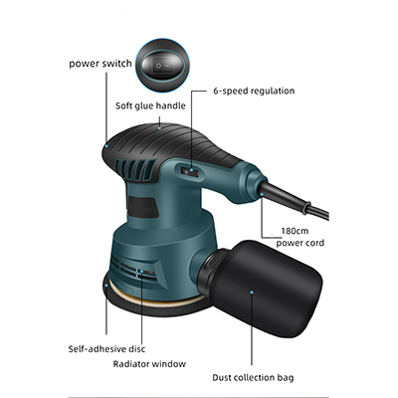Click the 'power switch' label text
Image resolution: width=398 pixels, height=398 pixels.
click(100, 64)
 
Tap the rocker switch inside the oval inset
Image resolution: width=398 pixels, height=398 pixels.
click(163, 66)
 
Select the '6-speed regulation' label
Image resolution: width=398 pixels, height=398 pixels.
click(254, 91)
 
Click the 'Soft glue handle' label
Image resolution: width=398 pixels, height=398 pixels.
click(150, 105)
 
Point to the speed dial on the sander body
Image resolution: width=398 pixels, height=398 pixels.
click(190, 171)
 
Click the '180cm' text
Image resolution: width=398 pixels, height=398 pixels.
click(295, 231)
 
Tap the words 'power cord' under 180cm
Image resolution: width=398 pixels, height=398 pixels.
click(300, 243)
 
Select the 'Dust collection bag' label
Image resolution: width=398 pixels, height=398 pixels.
click(253, 377)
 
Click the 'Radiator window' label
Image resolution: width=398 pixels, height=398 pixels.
click(149, 364)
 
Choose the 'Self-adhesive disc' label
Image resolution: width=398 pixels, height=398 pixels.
click(106, 349)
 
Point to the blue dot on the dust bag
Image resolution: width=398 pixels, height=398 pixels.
click(252, 293)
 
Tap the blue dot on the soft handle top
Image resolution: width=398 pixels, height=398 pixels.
click(159, 127)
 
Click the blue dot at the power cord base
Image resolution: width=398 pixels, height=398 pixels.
click(262, 195)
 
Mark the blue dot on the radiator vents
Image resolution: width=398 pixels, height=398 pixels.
click(142, 272)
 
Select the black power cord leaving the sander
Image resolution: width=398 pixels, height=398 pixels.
click(296, 199)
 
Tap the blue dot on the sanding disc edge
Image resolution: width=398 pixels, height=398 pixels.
click(106, 284)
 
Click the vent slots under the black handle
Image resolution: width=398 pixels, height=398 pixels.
click(136, 169)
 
